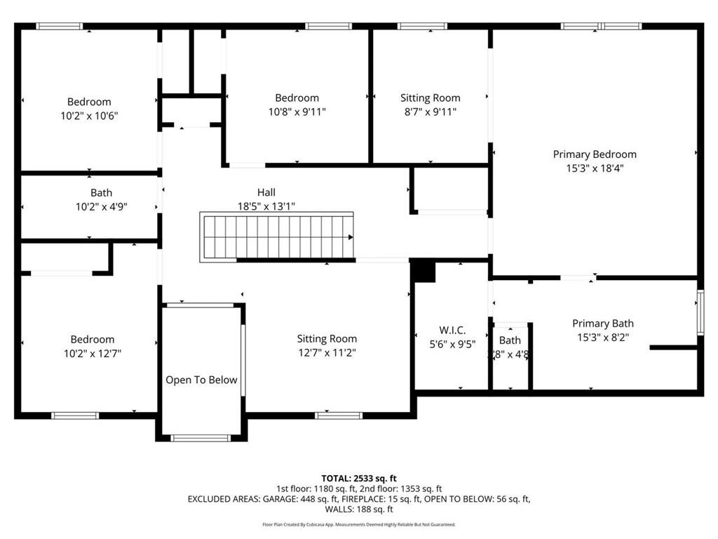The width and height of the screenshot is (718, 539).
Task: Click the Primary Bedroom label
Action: [x=595, y=154]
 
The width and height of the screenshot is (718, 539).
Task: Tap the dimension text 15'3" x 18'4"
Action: [x=595, y=168]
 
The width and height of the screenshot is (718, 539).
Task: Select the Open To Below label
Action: [x=201, y=380]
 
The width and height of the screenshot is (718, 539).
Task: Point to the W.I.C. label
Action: [x=452, y=330]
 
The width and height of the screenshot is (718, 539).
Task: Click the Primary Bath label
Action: [x=602, y=324]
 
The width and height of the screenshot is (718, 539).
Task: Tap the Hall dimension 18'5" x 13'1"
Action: [x=266, y=206]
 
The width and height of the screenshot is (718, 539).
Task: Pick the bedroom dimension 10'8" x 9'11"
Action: [x=297, y=112]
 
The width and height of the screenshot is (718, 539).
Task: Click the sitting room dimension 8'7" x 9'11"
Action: [x=430, y=112]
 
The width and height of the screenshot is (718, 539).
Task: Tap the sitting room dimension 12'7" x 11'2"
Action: [x=327, y=353]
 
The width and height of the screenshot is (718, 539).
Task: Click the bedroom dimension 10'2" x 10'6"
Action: [x=89, y=116]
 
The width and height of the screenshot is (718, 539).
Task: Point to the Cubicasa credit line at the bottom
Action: [x=358, y=524]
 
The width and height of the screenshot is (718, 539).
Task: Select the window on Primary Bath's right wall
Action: [x=699, y=311]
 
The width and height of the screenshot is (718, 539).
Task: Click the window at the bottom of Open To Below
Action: [x=201, y=438]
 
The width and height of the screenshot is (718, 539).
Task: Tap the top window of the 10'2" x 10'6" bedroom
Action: [x=60, y=27]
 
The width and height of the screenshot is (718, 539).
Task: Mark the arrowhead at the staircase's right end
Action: [x=350, y=238]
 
